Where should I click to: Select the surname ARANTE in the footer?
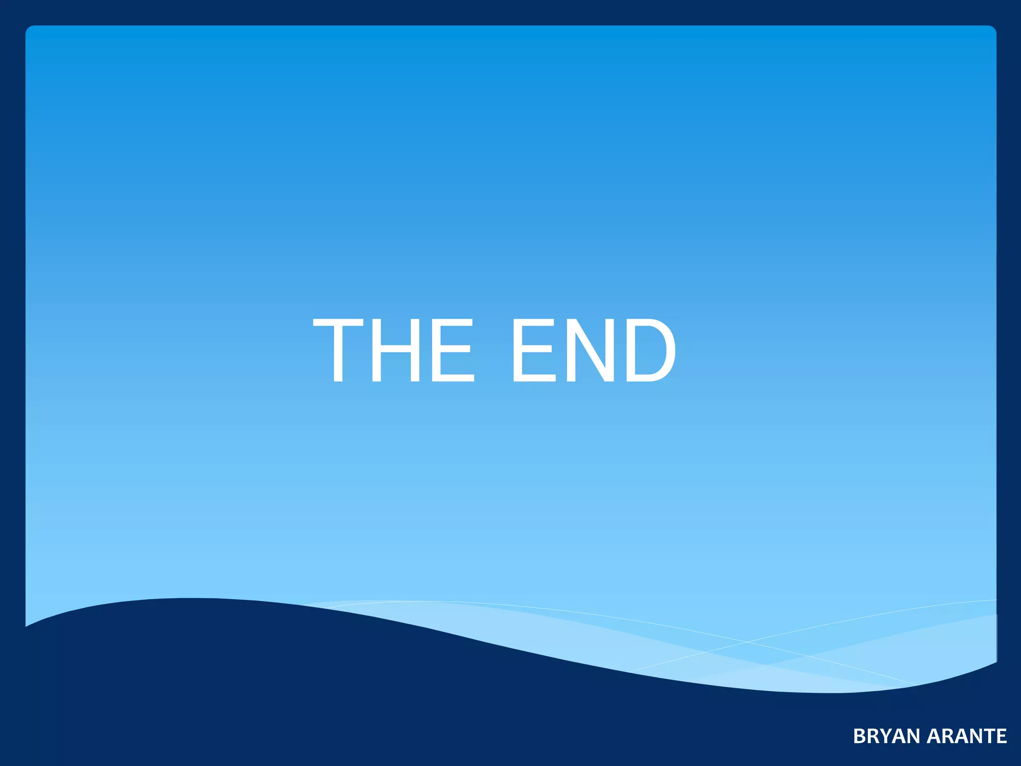[967, 737]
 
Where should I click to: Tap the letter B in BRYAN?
[859, 737]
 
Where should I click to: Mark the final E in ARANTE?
[1001, 737]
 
